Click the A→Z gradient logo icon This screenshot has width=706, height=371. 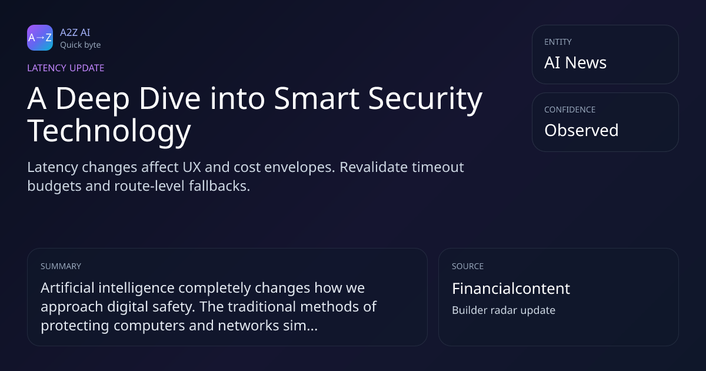40,38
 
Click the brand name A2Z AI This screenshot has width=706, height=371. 75,32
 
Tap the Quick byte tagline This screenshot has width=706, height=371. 81,45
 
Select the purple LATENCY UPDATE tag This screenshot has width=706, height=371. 65,68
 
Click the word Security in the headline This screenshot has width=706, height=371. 425,99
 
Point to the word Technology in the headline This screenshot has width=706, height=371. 109,131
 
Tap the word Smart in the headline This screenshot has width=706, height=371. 317,98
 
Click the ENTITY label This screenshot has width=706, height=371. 558,42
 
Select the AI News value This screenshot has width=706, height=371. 575,62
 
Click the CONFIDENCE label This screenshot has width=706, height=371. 570,110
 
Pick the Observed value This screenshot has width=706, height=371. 581,130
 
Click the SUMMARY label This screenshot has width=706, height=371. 61,266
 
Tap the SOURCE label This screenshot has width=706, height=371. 468,266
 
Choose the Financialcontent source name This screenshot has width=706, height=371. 511,289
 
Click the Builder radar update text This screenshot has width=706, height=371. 504,310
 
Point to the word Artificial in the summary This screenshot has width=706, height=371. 68,288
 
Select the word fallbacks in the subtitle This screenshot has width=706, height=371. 219,186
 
